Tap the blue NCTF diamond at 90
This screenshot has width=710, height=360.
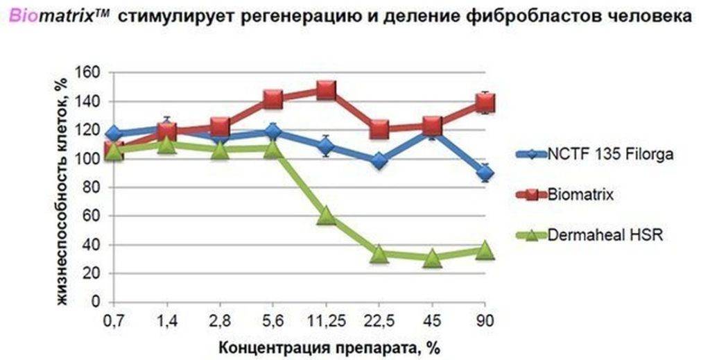coord(485,173)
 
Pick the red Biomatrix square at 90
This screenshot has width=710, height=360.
coord(485,103)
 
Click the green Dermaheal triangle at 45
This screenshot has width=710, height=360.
coord(432,259)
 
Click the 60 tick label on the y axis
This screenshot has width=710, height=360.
coord(94,216)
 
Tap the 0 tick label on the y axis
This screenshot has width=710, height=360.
coord(98,302)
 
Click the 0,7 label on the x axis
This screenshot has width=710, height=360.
coord(114,321)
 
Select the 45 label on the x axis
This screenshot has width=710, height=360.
coord(432,321)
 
